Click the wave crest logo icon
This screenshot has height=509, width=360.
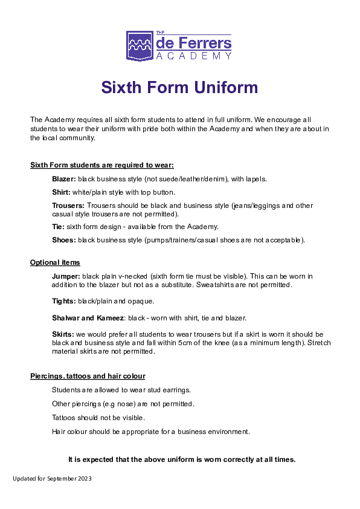(x=140, y=47)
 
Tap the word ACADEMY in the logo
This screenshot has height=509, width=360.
(x=193, y=56)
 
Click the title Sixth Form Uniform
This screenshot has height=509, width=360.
(x=179, y=88)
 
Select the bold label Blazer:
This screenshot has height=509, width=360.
(x=63, y=179)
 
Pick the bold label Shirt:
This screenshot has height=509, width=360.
(x=62, y=192)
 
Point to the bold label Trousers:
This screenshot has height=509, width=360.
(x=68, y=206)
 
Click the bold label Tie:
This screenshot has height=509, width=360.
(x=58, y=227)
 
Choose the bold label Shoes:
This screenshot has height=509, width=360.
(x=63, y=240)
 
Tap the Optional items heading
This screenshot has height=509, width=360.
(x=55, y=262)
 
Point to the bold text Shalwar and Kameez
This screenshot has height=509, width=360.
(x=88, y=318)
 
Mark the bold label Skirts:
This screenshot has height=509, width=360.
(x=63, y=334)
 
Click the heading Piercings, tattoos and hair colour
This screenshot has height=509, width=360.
(x=88, y=376)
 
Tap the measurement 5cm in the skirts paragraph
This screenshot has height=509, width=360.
(x=201, y=343)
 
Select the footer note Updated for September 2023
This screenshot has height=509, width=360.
(x=52, y=478)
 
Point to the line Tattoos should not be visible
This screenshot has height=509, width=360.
(x=98, y=418)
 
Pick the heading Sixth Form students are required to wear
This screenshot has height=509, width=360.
(x=102, y=165)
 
